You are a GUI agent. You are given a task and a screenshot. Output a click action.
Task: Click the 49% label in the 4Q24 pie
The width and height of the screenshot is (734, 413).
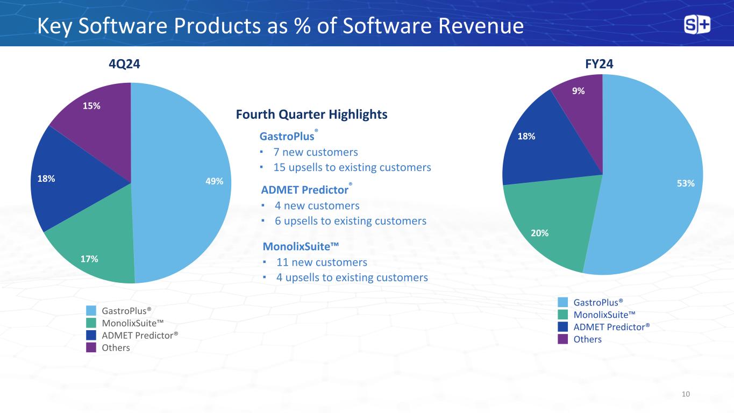pos(215,181)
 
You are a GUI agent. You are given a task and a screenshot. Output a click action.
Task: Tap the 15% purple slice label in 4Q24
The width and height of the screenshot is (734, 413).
pos(91,106)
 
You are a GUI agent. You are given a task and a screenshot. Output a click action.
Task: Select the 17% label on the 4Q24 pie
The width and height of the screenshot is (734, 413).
pos(89,259)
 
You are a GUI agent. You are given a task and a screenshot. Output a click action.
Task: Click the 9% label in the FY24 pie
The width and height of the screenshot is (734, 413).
pos(579,91)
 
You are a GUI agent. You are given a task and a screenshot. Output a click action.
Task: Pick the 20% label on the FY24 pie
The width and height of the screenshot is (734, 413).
pos(540,233)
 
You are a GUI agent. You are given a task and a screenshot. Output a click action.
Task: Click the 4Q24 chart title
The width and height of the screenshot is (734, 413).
pos(124,64)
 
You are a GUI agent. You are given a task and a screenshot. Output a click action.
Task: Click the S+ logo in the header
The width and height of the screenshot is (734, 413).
pos(697,25)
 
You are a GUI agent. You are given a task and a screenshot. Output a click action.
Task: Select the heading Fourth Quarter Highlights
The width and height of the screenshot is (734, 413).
pos(312,115)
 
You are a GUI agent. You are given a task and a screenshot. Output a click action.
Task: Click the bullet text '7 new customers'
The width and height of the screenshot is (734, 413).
pos(316,152)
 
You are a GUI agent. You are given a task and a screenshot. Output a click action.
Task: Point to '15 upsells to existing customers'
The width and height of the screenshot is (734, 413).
pos(352,167)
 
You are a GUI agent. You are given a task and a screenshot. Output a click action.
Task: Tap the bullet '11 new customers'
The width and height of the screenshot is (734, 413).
pos(322,262)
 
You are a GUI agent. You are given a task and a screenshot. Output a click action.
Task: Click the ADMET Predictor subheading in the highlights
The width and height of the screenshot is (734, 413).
pos(304,190)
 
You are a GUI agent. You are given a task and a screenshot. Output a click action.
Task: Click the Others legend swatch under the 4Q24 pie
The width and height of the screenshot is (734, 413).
pos(91,347)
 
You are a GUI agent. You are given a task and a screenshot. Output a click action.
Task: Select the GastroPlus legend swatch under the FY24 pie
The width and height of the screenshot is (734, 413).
pos(563,302)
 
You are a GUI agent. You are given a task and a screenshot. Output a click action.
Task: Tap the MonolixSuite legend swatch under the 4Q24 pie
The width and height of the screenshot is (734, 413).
pos(91,323)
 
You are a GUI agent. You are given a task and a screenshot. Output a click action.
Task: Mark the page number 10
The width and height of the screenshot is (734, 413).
pos(685,394)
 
